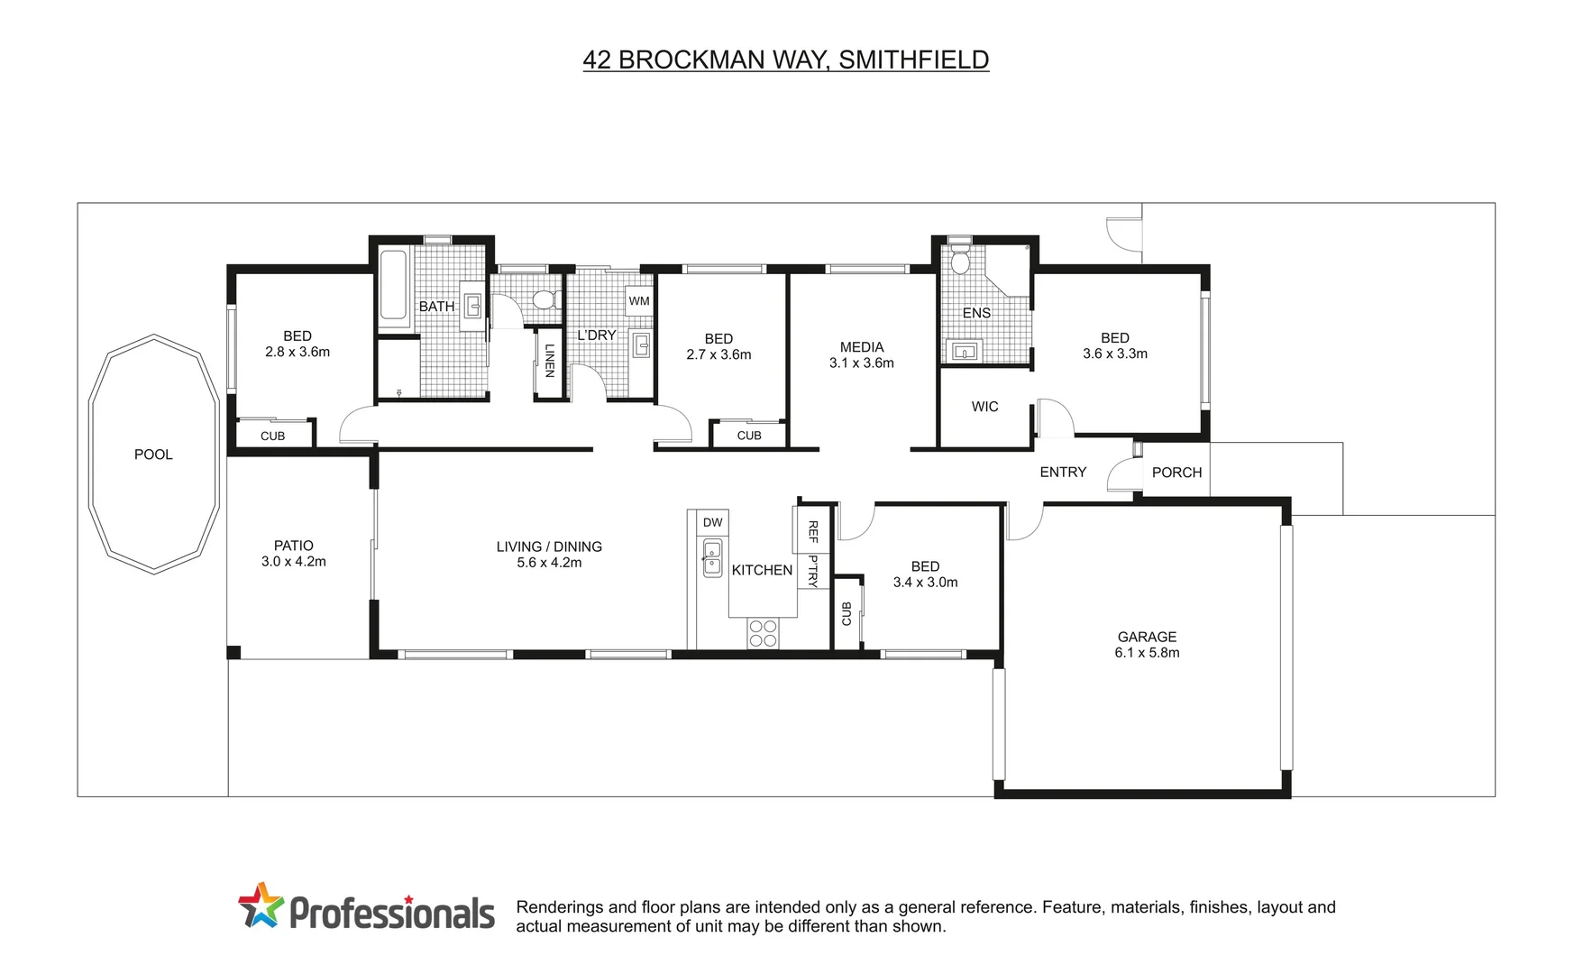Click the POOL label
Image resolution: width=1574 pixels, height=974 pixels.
point(153,455)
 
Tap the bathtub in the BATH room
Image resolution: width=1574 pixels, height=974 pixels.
point(393,285)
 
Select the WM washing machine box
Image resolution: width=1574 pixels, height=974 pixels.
point(639,301)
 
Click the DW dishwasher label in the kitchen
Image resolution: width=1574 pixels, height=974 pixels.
point(712,522)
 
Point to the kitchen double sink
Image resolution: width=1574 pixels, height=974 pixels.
point(712,557)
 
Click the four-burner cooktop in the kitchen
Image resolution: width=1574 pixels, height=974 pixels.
point(763,633)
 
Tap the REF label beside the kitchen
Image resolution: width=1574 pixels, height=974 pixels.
point(812,531)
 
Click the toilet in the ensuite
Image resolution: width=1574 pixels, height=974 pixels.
point(960,260)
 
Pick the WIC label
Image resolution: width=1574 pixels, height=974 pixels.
point(984,407)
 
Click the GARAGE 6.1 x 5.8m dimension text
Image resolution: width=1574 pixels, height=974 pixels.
point(1147,653)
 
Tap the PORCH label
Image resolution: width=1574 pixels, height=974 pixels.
point(1176,473)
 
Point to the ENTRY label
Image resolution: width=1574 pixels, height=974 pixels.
point(1063,472)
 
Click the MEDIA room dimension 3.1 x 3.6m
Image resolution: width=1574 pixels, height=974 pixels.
point(861,363)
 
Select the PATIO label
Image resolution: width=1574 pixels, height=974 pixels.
point(294,546)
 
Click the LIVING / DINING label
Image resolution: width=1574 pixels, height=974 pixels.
point(549,547)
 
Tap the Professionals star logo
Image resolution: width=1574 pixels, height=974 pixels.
point(261,905)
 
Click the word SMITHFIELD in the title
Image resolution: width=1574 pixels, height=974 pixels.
point(913,60)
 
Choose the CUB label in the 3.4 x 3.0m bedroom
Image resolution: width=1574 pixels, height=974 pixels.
point(846,614)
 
